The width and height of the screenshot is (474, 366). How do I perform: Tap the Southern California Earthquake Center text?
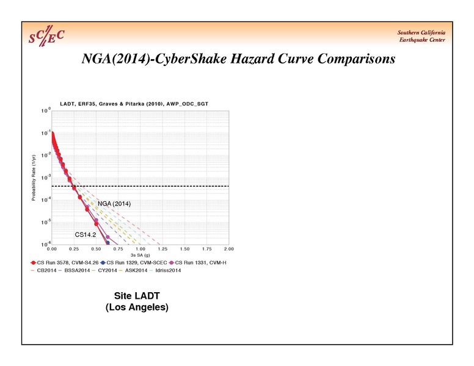[421, 36]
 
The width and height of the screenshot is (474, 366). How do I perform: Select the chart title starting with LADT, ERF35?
[134, 104]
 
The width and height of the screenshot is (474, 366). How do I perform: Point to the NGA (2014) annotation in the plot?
[115, 203]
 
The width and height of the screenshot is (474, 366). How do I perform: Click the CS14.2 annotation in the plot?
[86, 234]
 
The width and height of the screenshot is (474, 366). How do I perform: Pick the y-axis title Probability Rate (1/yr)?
[35, 178]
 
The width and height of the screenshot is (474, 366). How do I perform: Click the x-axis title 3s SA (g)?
[140, 255]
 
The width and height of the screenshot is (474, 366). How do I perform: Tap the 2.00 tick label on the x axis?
[229, 249]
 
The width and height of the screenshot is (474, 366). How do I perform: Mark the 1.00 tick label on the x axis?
[140, 249]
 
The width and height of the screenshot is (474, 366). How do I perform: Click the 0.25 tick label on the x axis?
[73, 249]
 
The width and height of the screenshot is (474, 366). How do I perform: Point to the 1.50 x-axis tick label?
[184, 249]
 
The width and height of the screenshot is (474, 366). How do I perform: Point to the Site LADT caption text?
[137, 296]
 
